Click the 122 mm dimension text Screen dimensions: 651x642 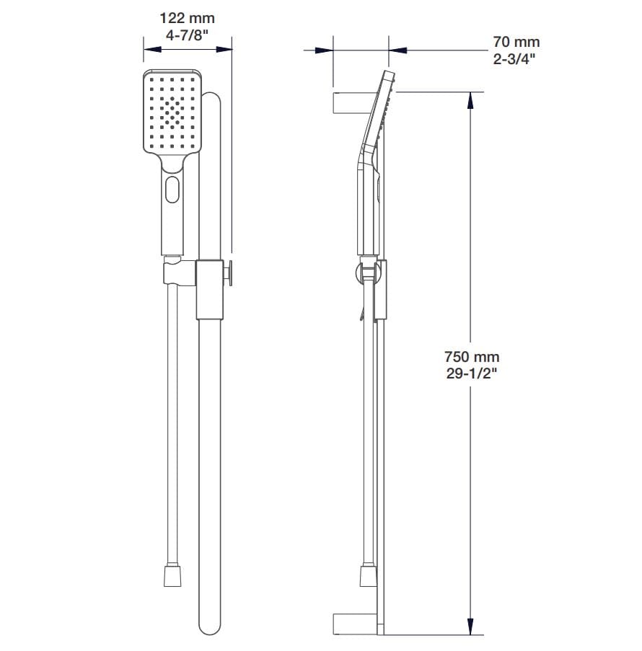[187, 18]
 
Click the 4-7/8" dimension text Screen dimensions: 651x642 [187, 34]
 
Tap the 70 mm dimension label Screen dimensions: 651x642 [516, 43]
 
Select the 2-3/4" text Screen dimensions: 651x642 [516, 58]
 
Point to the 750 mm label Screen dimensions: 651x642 [472, 357]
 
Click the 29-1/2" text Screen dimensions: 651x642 [472, 373]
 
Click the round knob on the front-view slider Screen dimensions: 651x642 [230, 273]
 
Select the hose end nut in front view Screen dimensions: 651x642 [173, 575]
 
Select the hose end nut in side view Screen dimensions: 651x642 [368, 575]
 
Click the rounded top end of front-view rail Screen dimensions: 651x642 [211, 99]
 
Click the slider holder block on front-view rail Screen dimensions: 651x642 [208, 288]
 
